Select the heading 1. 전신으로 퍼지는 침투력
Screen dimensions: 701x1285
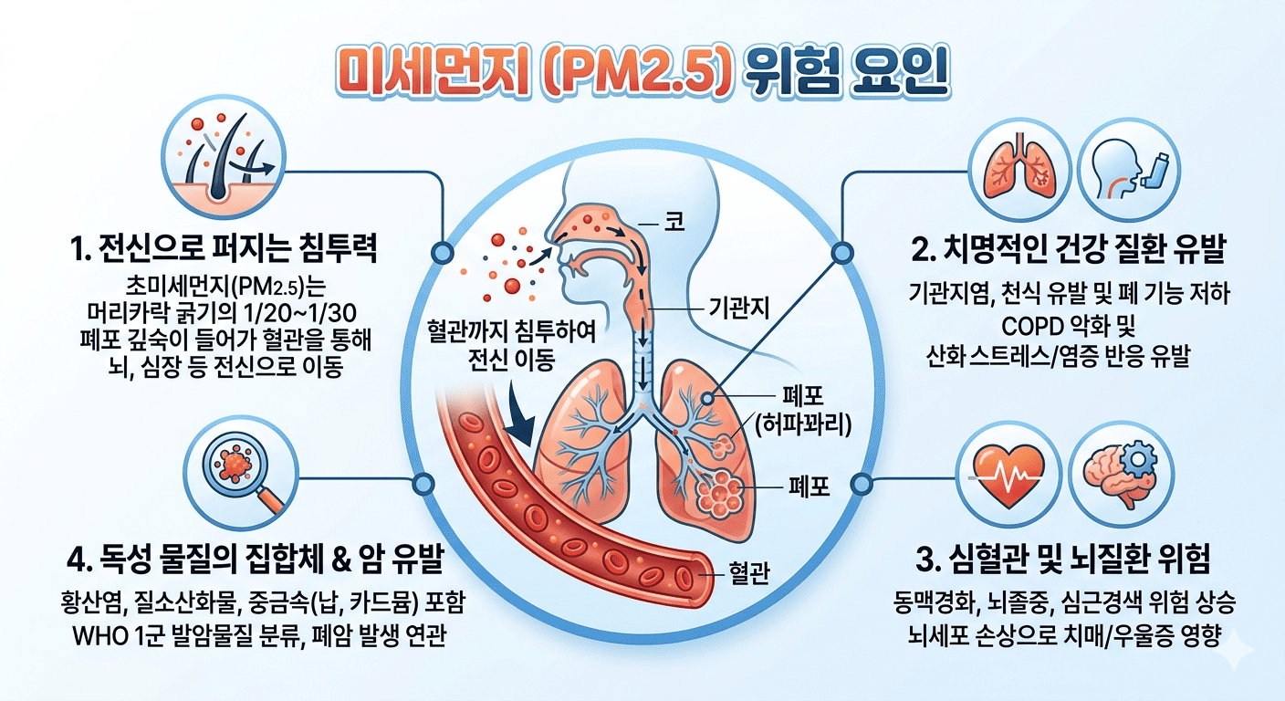point(225,248)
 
